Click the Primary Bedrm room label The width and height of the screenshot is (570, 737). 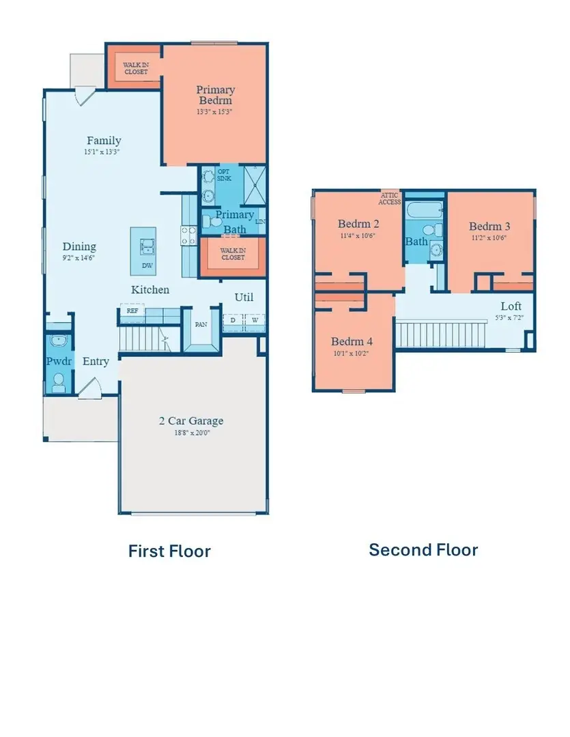pos(215,95)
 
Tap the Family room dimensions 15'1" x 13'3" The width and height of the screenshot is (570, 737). pos(104,153)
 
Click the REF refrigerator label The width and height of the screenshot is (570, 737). pos(131,310)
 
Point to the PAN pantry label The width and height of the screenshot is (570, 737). pos(201,325)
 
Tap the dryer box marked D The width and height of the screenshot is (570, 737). pos(233,320)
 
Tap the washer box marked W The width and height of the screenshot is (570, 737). pos(255,320)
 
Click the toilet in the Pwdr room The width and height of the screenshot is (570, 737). pos(58,379)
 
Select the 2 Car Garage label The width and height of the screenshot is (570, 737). pos(191,420)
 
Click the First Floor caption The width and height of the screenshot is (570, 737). pos(169,551)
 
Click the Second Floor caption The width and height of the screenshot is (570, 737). pos(423,549)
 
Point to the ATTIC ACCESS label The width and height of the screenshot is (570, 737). pos(390,199)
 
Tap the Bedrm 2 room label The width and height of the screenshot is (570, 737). pos(358,223)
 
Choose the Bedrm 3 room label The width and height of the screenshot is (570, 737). pos(489,226)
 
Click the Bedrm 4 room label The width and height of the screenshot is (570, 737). pos(352,342)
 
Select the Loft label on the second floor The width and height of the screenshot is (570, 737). pos(511,306)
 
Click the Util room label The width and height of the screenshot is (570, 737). pos(244,298)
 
